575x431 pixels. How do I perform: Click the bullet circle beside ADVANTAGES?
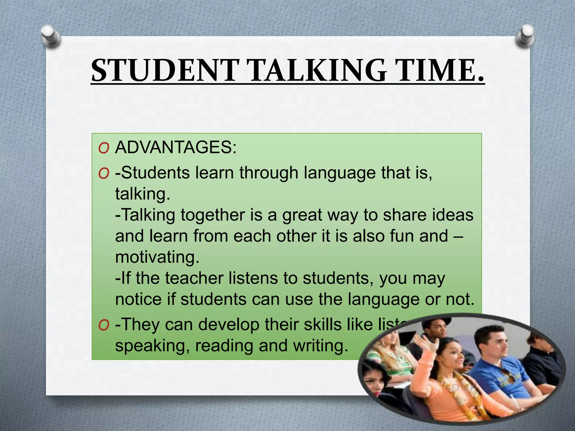point(104,148)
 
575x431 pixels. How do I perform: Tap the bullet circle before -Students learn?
point(104,174)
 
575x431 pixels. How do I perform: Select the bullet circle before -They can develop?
point(104,325)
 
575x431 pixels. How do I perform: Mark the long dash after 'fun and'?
point(458,236)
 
